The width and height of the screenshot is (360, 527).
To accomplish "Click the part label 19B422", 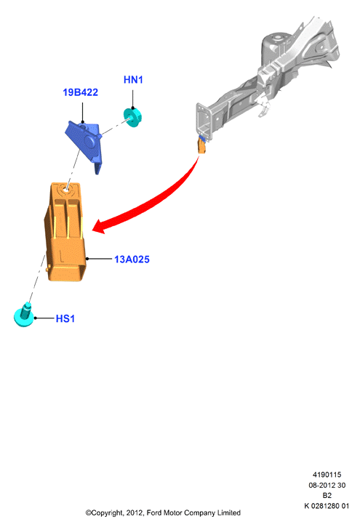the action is tap(80, 92).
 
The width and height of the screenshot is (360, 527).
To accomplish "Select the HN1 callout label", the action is tap(133, 80).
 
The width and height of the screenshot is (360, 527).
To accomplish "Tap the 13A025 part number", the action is tap(132, 260).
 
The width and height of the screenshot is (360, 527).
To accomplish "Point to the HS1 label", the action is tap(65, 318).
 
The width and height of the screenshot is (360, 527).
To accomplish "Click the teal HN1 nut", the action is tap(133, 117).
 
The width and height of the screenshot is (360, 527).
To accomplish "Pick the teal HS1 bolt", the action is tap(24, 315).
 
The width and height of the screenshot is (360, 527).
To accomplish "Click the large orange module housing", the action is tap(65, 232).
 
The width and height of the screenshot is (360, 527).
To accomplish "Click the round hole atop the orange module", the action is tap(65, 189).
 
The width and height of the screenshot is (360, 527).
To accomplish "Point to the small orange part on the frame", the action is tap(201, 147).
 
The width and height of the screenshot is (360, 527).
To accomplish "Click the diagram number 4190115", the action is tap(327, 475).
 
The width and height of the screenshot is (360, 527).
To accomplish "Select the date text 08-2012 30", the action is tap(327, 485).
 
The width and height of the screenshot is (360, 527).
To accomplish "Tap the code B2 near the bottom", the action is tap(327, 496).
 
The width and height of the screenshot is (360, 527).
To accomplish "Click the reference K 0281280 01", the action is tap(327, 506).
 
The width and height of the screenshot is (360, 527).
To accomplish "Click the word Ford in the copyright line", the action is tap(154, 513).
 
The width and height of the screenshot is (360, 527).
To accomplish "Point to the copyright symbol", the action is tap(89, 513).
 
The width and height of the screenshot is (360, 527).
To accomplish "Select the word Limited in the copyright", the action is tap(229, 513).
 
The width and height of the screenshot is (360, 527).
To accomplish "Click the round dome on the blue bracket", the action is tap(89, 142).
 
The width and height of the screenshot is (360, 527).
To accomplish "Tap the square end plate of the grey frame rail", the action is tap(204, 121).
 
